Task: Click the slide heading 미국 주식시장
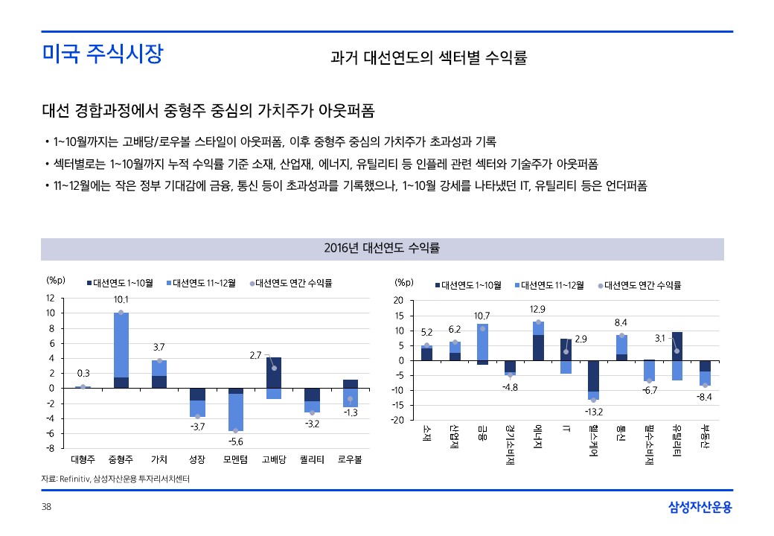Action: (x=102, y=54)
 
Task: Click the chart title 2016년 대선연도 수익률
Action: (x=382, y=248)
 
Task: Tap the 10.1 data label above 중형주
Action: (x=121, y=299)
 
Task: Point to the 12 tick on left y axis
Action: (x=50, y=298)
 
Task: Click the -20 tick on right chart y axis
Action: (x=397, y=421)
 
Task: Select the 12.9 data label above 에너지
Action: (x=537, y=309)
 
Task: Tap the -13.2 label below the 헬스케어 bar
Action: (x=593, y=411)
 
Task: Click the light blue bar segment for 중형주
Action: (x=121, y=344)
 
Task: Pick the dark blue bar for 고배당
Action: (x=274, y=372)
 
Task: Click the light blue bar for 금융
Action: (x=482, y=342)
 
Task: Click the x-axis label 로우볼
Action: (x=351, y=459)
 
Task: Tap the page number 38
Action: (x=46, y=507)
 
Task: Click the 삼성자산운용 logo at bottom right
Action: (x=700, y=508)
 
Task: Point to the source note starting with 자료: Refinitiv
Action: (x=115, y=479)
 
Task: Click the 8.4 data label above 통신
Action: (x=621, y=322)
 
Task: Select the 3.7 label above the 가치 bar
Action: (x=159, y=347)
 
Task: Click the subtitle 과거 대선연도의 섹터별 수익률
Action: (x=429, y=58)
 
